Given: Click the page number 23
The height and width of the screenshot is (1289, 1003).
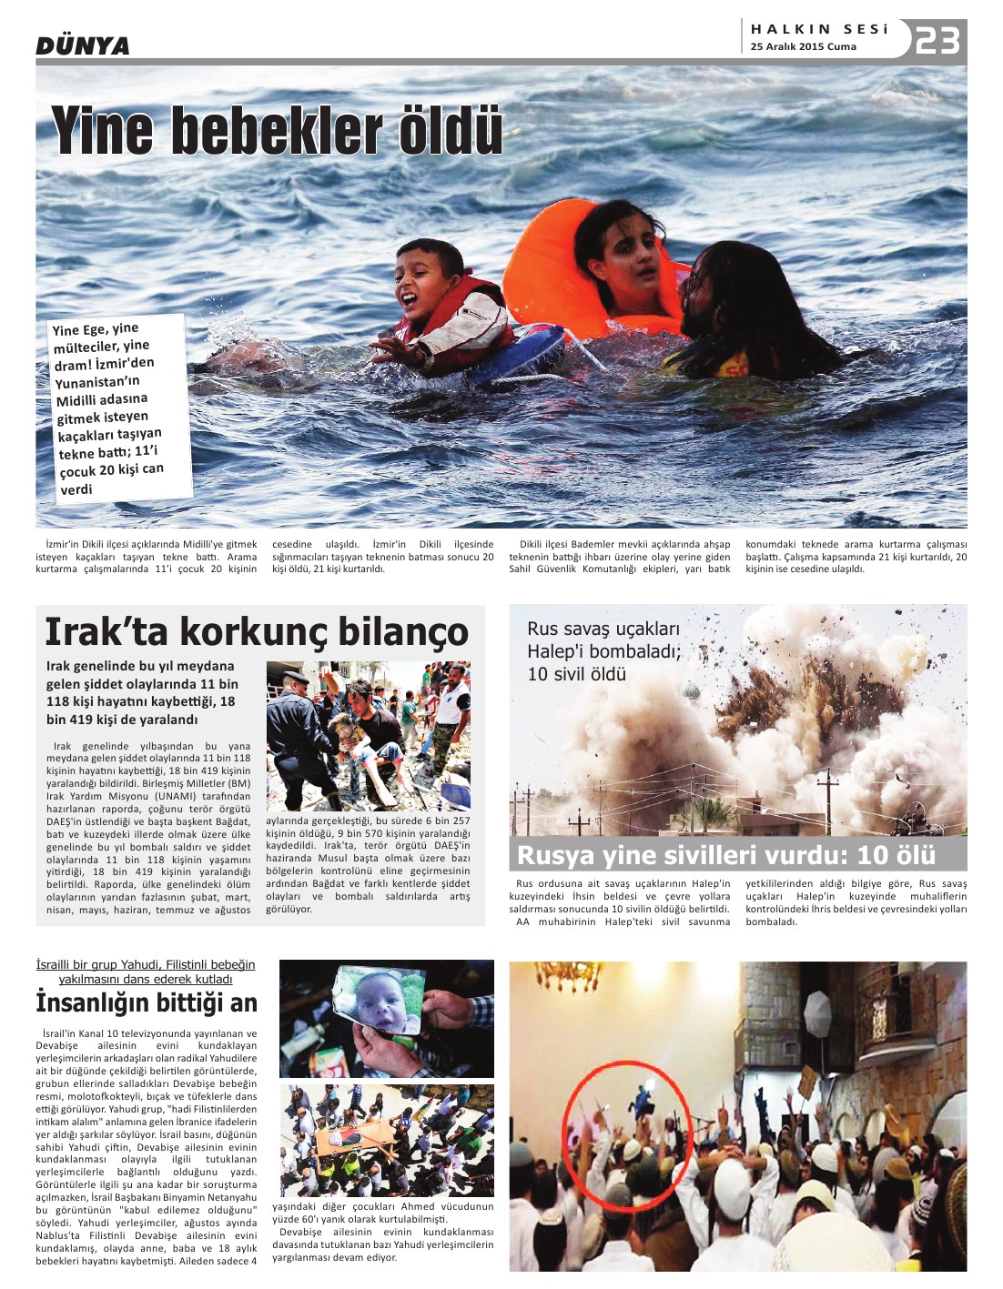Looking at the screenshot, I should (x=937, y=40).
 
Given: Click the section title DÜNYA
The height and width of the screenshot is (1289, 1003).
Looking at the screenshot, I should (x=83, y=45).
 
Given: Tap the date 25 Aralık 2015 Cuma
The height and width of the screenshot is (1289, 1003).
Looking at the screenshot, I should (x=803, y=46).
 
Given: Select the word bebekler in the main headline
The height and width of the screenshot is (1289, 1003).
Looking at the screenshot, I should (x=277, y=131).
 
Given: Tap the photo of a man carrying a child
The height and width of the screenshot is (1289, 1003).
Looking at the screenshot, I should (x=368, y=735).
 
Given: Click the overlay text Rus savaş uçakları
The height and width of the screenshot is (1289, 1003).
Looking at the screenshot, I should (x=603, y=629).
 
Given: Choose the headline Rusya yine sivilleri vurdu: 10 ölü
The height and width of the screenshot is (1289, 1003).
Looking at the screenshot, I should (x=725, y=855).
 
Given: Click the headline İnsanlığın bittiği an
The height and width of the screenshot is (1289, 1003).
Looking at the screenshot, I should (x=147, y=1002).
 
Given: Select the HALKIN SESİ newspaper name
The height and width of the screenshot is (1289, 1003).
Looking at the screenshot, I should (x=819, y=29).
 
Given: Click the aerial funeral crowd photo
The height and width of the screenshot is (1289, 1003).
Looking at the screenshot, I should (x=386, y=1140).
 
